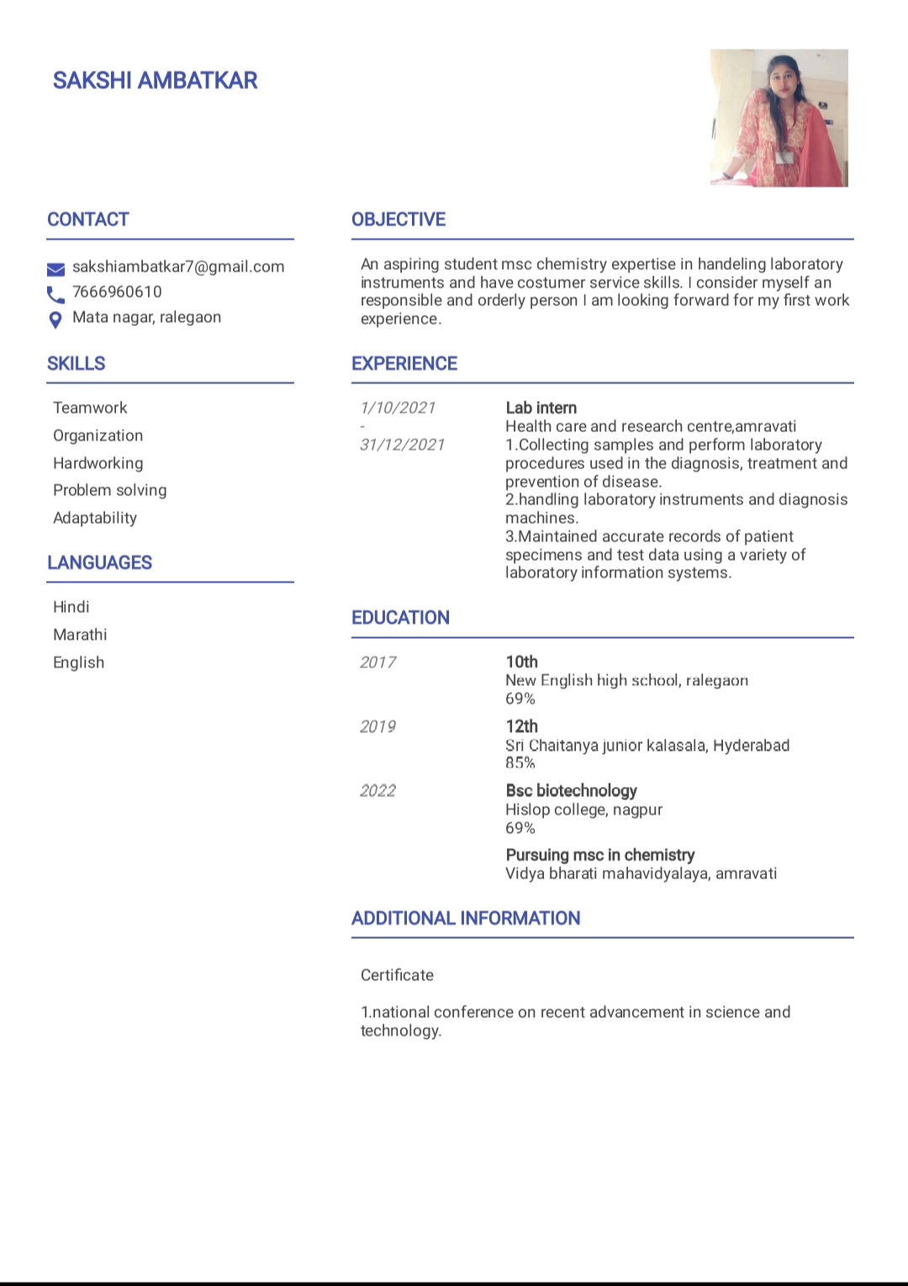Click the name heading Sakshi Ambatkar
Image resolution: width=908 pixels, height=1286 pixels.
tap(155, 81)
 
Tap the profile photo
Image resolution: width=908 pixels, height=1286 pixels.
tap(779, 118)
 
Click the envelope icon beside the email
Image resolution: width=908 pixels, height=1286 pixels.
tap(55, 269)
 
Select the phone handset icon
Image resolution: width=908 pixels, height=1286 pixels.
tap(55, 294)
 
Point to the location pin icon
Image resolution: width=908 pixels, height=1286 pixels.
tap(55, 319)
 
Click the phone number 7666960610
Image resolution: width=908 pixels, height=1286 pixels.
tap(117, 293)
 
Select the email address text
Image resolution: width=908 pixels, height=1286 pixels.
tap(178, 267)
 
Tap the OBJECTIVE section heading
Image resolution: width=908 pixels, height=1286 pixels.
tap(399, 219)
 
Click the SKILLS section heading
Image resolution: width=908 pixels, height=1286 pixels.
tap(77, 364)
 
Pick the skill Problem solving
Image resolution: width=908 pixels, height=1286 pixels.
tap(110, 490)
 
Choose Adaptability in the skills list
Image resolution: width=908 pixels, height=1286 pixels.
tap(95, 518)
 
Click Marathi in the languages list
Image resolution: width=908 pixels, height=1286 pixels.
tap(80, 635)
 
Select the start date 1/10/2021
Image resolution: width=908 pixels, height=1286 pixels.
tap(398, 408)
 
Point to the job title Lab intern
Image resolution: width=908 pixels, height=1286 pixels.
tap(541, 408)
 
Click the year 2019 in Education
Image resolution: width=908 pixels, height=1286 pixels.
tap(377, 726)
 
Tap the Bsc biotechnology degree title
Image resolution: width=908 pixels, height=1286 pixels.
tap(571, 791)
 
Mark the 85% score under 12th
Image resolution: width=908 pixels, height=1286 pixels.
tap(520, 763)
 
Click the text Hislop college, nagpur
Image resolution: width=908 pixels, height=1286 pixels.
tap(583, 809)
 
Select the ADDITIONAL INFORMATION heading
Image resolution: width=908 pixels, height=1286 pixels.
tap(466, 918)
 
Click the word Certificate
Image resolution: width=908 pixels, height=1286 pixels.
tap(397, 975)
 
